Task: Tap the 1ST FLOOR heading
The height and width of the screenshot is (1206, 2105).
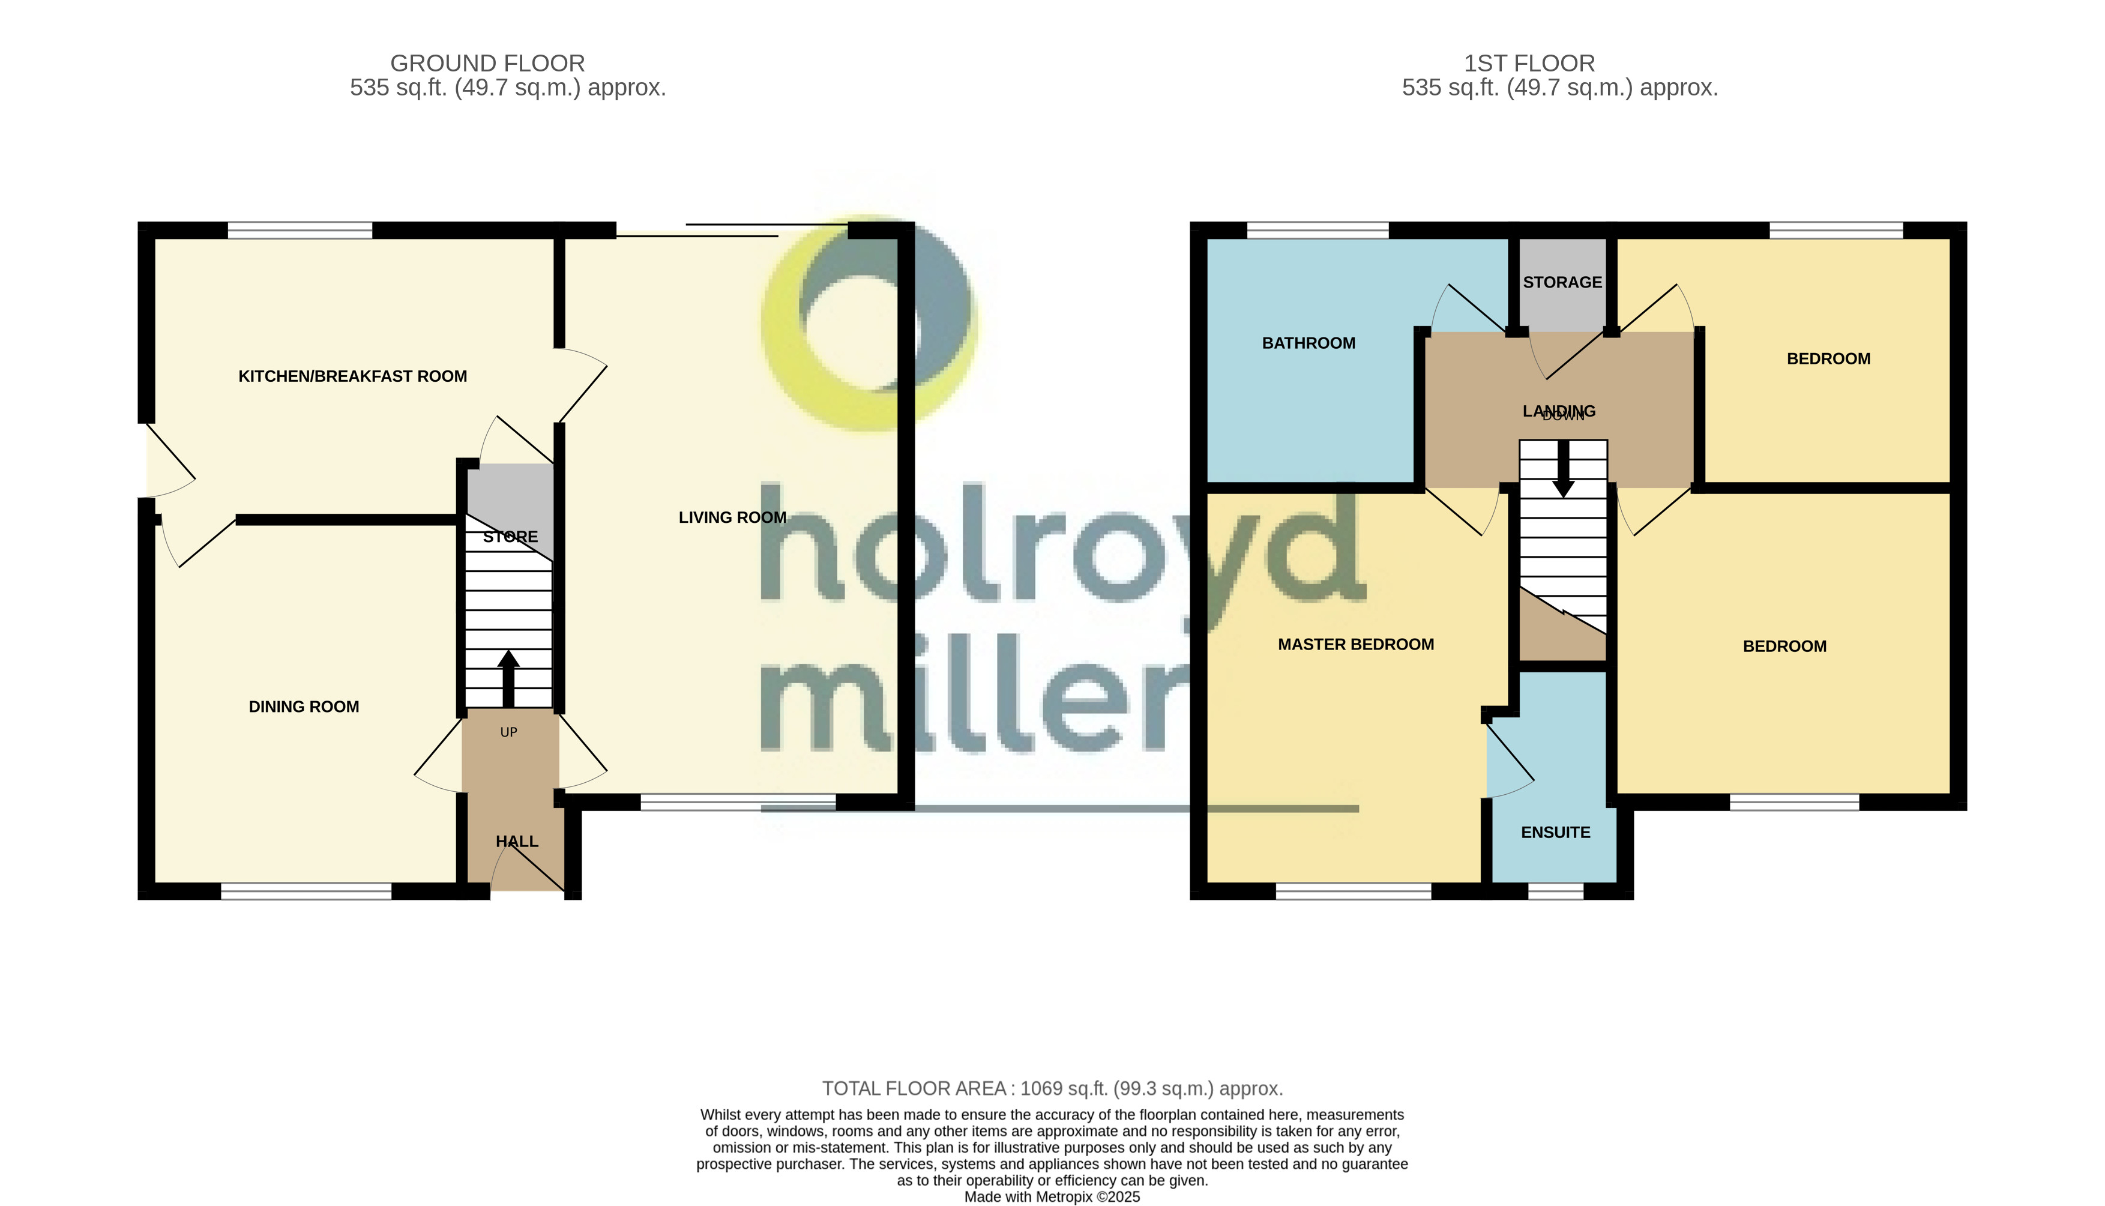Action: (x=1529, y=63)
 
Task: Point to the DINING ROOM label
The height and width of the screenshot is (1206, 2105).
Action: (x=303, y=707)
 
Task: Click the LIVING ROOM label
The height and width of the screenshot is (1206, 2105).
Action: (x=732, y=517)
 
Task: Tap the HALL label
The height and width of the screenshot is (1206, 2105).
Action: (x=517, y=842)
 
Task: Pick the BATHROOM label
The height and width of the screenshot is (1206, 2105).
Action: (x=1308, y=343)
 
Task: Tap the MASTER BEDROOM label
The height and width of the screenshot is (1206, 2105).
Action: (x=1355, y=644)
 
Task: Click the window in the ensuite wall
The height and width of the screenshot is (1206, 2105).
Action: (x=1555, y=891)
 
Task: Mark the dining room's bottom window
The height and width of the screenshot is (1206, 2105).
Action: (x=306, y=891)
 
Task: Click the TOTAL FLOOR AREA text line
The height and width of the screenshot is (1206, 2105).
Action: (x=1052, y=1088)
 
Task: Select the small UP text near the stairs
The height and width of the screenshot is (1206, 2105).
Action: (x=508, y=732)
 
